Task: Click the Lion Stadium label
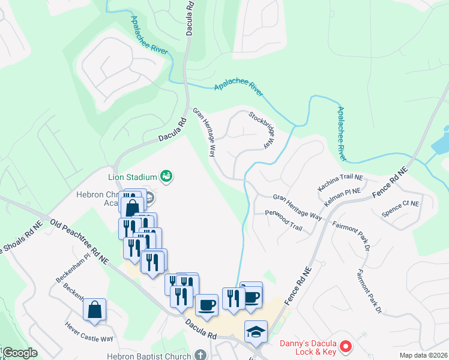132,176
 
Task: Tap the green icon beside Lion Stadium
166,176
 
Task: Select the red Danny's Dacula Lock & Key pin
345,346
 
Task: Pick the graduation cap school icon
256,331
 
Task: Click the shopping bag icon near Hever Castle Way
94,310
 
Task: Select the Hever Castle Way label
89,331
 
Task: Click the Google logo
20,353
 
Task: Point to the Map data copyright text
423,355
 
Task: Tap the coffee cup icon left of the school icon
206,305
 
